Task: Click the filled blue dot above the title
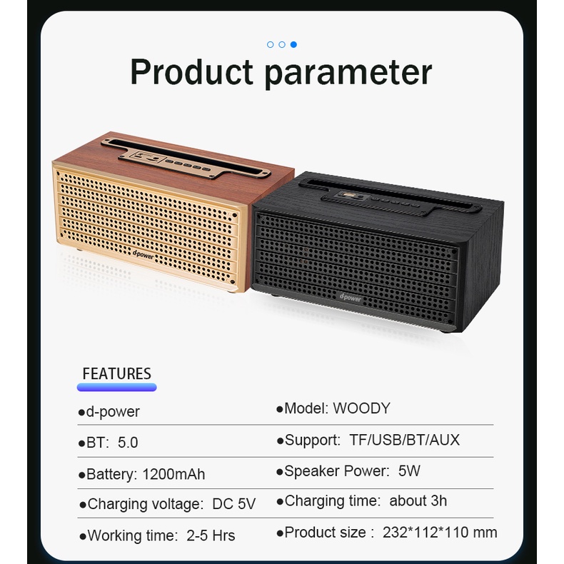(293, 44)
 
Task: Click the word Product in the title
(192, 72)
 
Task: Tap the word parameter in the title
(348, 74)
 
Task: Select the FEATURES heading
(116, 373)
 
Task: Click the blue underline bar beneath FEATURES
(116, 388)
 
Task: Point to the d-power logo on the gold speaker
(143, 255)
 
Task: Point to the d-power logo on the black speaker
(351, 298)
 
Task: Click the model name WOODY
(361, 408)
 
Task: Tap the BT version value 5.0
(128, 443)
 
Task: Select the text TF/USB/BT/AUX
(404, 440)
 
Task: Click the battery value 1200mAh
(173, 474)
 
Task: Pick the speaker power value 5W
(409, 471)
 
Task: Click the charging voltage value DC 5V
(233, 504)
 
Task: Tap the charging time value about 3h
(418, 500)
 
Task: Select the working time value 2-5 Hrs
(211, 535)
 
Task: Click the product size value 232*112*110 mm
(440, 533)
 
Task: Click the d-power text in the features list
(113, 412)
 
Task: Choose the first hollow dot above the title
(271, 44)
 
